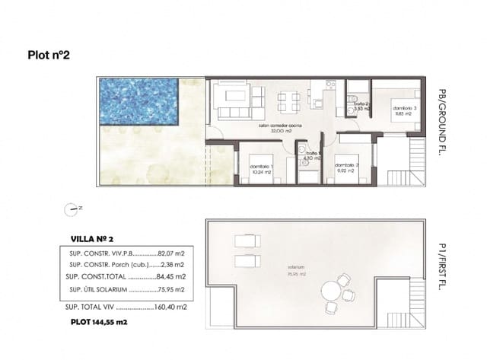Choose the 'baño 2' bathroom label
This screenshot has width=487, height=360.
[x=361, y=106]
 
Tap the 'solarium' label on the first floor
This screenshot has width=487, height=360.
[x=297, y=268]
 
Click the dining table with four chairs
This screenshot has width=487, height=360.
[x=288, y=101]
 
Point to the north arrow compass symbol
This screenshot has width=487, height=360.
[x=74, y=207]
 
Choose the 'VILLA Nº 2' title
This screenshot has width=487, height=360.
[x=91, y=239]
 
